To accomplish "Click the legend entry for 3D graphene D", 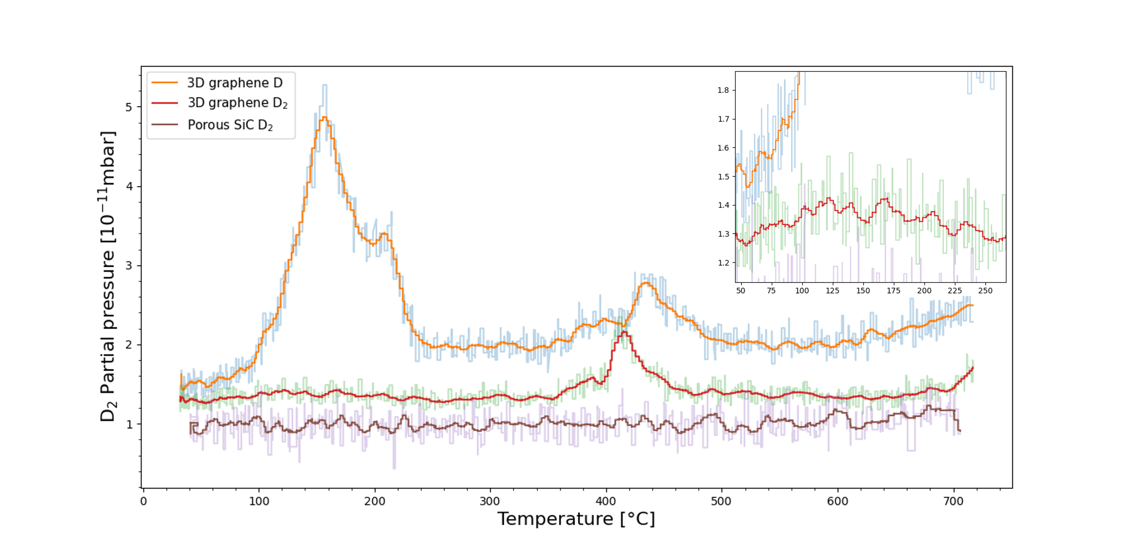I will (234, 83).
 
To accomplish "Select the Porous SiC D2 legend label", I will (230, 125).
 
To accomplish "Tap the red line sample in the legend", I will (165, 103).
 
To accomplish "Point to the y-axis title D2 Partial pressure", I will (108, 276).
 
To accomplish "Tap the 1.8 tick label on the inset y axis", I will (723, 90).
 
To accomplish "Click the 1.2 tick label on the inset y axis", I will (723, 263).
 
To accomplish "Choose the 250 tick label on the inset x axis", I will (985, 291).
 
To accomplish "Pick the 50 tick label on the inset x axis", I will (741, 291).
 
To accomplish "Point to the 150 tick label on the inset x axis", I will (863, 291).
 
